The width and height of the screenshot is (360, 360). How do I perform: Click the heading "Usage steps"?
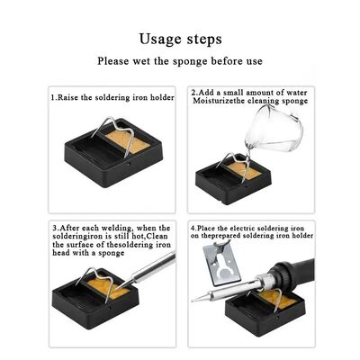point(180,40)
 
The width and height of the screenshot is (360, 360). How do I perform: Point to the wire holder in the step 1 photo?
point(107,145)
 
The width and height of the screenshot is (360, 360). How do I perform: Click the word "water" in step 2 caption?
point(289,93)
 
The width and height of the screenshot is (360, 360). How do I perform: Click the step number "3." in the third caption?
point(55,227)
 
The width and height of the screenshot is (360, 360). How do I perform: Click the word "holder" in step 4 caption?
point(300,236)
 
